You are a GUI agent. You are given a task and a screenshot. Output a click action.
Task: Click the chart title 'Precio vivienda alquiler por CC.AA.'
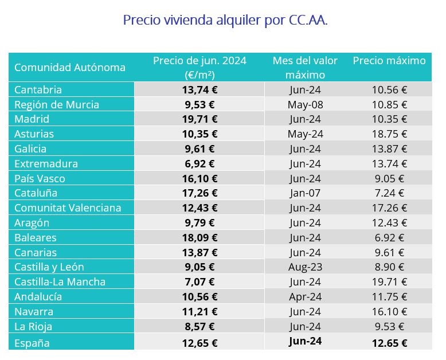click(x=225, y=21)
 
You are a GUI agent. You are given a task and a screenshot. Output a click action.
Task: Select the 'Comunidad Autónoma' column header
click(x=70, y=68)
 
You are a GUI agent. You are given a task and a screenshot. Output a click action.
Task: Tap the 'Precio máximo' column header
click(x=389, y=61)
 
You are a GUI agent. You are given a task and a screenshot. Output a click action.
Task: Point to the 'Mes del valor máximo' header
click(x=305, y=68)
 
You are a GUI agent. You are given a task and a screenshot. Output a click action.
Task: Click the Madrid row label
click(x=32, y=119)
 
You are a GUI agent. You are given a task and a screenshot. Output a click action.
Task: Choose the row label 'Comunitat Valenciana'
click(x=68, y=208)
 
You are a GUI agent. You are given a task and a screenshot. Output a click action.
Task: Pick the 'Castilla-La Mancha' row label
click(x=60, y=281)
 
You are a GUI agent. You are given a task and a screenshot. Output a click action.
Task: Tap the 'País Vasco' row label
click(x=40, y=178)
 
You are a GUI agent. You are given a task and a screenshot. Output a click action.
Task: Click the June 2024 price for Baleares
click(x=199, y=237)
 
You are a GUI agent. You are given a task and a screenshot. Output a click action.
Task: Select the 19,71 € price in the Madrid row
click(x=199, y=119)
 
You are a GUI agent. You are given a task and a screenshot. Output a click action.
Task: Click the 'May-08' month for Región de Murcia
click(x=305, y=104)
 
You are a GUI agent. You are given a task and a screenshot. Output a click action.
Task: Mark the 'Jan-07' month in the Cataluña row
click(x=305, y=193)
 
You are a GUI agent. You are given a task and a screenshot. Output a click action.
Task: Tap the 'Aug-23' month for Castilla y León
click(x=305, y=267)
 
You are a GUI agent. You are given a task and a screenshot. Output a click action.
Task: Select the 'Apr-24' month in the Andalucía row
click(x=305, y=296)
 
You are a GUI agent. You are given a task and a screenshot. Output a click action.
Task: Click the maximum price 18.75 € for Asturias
click(x=389, y=134)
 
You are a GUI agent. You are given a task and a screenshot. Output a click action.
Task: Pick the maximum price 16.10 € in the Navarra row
click(x=389, y=311)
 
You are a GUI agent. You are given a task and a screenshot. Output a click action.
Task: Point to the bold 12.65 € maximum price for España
click(x=389, y=343)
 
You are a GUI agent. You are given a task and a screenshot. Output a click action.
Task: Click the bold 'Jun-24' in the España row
click(x=305, y=341)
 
